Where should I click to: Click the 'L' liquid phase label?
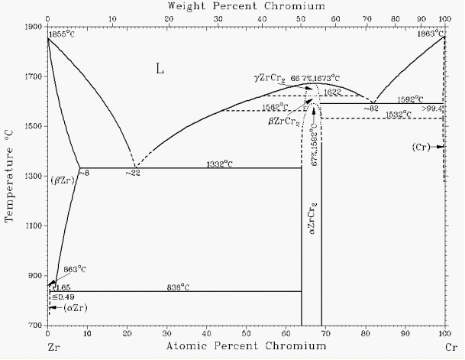(x=160, y=69)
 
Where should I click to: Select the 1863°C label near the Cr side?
(x=429, y=34)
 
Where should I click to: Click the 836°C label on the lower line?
(x=178, y=287)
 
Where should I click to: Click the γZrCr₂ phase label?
(x=270, y=78)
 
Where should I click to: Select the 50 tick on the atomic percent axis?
(x=246, y=335)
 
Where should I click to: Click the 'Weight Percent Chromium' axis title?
(x=246, y=5)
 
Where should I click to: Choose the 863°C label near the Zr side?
(x=73, y=270)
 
